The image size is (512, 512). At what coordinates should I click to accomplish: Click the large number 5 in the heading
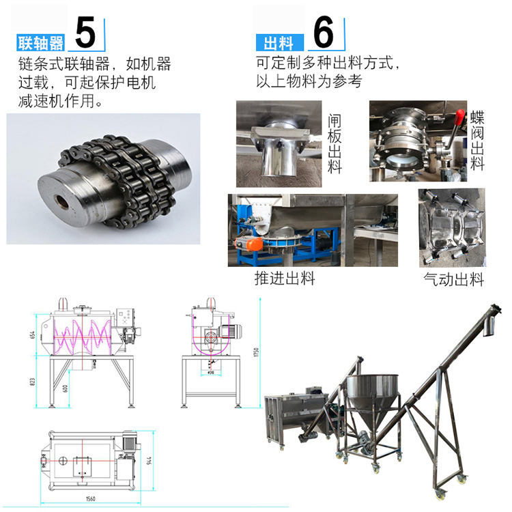point(86,31)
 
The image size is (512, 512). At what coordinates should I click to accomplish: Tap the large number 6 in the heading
point(323,31)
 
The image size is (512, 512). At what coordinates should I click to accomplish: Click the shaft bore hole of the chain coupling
point(61,203)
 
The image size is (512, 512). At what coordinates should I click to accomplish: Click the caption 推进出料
point(285,279)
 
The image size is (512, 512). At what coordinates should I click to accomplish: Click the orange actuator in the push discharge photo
point(254,244)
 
